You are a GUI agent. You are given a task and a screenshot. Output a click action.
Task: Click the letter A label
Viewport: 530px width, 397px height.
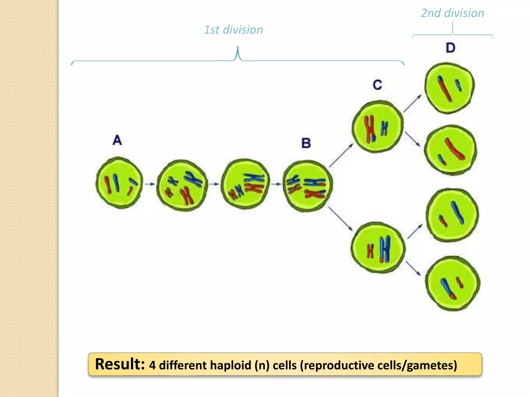[117, 140]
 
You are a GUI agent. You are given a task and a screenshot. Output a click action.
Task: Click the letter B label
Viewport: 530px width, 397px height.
[306, 143]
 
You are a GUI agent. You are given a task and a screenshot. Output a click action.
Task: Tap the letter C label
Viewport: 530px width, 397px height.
[377, 85]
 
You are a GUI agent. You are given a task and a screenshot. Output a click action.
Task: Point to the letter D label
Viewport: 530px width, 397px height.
[450, 48]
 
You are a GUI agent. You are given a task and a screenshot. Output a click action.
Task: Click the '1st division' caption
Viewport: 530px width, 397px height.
[233, 30]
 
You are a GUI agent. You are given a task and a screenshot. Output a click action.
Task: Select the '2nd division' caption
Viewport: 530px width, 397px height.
[452, 13]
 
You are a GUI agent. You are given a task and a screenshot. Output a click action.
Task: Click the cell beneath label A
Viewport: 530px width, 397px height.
[119, 183]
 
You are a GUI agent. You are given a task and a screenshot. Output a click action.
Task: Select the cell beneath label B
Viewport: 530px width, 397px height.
[308, 186]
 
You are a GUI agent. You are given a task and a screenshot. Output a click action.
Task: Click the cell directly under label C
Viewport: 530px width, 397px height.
[378, 127]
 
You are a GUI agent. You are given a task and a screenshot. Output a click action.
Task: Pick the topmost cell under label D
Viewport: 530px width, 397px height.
[450, 88]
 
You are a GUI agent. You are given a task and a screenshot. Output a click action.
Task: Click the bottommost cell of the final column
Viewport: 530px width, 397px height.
[453, 283]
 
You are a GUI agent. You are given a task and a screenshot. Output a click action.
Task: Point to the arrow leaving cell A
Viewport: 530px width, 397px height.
[150, 184]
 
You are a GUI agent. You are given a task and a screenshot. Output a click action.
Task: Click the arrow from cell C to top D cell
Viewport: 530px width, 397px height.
[412, 103]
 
